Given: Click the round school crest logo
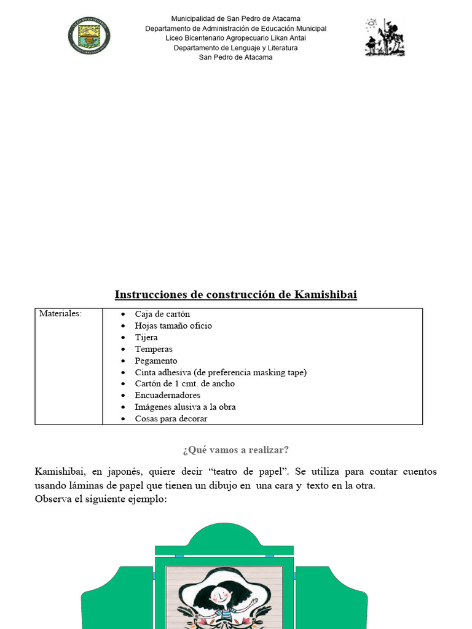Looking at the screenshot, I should coord(90,35).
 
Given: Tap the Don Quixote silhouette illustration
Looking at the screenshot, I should coord(385,37).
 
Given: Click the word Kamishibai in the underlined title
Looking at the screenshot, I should coord(325,295).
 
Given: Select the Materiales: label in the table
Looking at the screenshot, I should coord(60,314).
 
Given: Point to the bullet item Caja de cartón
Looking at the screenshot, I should coord(162,314).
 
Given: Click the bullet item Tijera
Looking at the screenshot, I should coord(146,338).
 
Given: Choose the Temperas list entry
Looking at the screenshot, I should coord(154,350).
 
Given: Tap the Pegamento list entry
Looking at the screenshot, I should coord(156,361).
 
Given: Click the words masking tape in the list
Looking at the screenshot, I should coord(279,372).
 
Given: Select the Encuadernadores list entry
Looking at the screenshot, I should coord(167,396).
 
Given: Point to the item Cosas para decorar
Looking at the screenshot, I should coord(171,419).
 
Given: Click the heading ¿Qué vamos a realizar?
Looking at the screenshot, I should coord(235,450).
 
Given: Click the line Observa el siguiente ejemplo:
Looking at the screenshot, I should coord(101,499).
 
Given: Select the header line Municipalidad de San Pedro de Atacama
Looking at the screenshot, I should coord(235,19).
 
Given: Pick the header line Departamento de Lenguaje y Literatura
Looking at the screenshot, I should coord(235,48).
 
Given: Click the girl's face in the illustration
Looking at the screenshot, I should coord(219,594).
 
